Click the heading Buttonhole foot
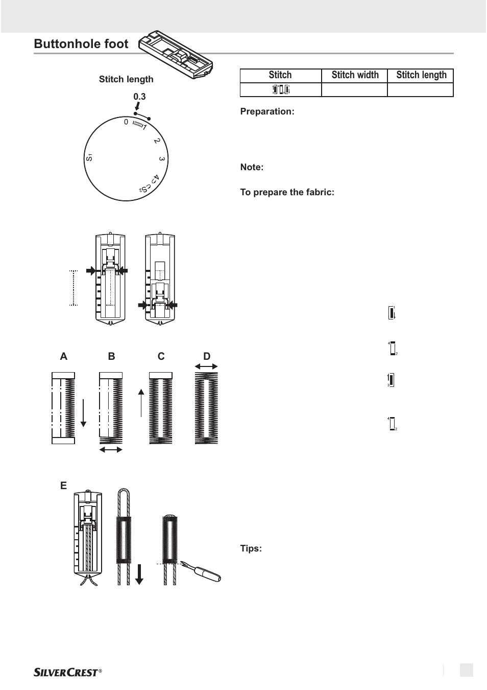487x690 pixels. (81, 44)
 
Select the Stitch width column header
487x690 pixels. (355, 75)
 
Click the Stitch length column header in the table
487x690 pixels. (421, 75)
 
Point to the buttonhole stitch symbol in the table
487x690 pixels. (281, 89)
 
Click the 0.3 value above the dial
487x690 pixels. (139, 97)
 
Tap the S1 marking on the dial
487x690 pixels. (89, 157)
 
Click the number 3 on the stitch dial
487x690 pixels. (161, 159)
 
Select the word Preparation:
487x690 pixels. (267, 111)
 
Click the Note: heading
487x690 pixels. (252, 167)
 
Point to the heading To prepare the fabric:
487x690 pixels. (287, 192)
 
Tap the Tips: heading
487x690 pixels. (251, 548)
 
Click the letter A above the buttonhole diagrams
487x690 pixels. (63, 356)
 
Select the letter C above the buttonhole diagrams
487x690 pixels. (161, 356)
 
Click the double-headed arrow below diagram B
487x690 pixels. (111, 450)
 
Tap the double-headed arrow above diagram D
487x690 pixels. (206, 366)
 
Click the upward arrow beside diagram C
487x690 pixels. (141, 403)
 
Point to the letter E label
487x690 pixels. (63, 486)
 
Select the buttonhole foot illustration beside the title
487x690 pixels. (176, 54)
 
